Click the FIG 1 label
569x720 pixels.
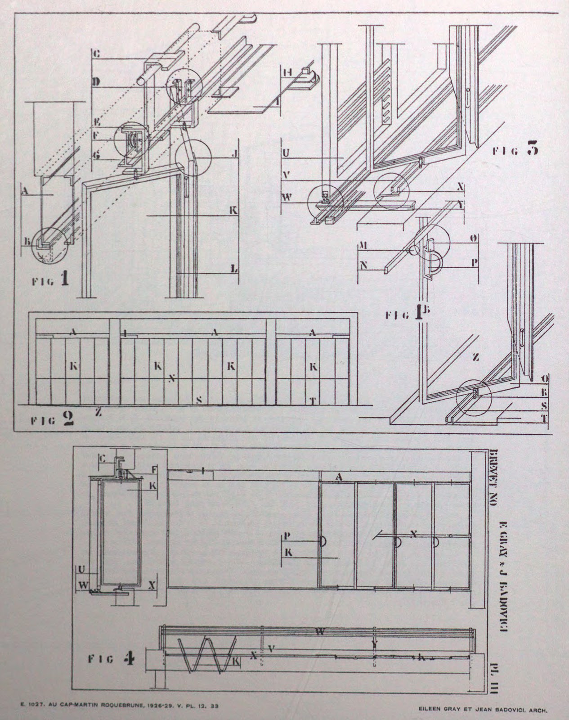click(x=51, y=281)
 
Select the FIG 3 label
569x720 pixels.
click(x=515, y=150)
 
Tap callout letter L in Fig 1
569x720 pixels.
click(x=234, y=269)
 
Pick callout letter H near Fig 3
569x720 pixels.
click(x=288, y=72)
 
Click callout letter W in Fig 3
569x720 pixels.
click(x=286, y=196)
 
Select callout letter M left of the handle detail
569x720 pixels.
click(x=364, y=245)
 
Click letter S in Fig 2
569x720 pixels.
click(x=199, y=399)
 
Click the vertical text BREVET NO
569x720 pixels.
click(x=493, y=478)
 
